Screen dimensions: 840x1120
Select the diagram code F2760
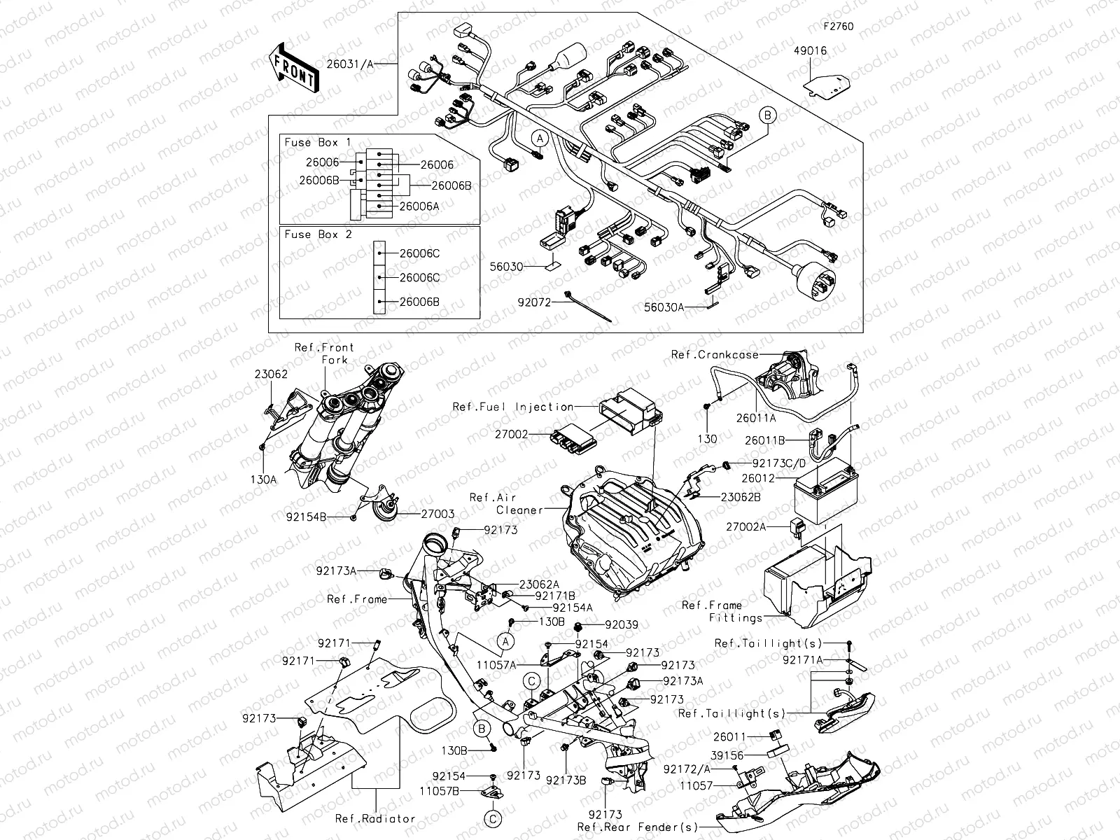838,27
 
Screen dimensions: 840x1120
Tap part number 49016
810,50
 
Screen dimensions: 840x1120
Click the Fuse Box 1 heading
318,142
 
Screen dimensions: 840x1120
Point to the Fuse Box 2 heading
318,234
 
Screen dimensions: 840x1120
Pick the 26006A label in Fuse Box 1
419,206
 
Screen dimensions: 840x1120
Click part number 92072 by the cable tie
534,303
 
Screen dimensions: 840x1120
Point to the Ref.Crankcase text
714,355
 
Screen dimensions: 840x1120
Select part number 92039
622,624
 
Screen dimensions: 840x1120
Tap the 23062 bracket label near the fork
271,374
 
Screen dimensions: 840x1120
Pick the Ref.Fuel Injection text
513,407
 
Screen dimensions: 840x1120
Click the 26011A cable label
755,418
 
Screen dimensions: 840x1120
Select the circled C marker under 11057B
493,818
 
